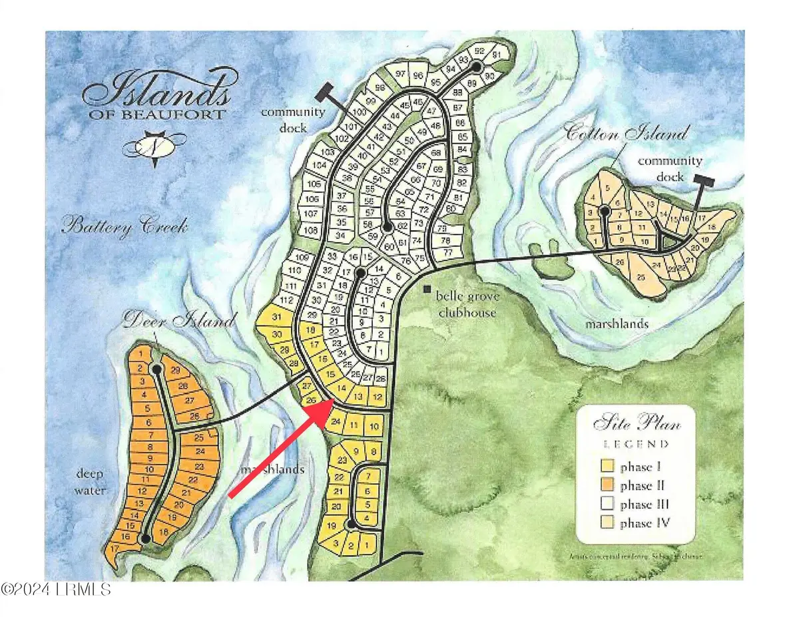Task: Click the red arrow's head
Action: click(324, 409)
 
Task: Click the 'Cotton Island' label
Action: click(625, 133)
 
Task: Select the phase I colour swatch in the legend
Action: click(608, 466)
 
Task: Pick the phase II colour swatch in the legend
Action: click(608, 485)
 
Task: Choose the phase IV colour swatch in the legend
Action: click(608, 523)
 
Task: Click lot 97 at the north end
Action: click(401, 73)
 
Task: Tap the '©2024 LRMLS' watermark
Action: click(56, 590)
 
